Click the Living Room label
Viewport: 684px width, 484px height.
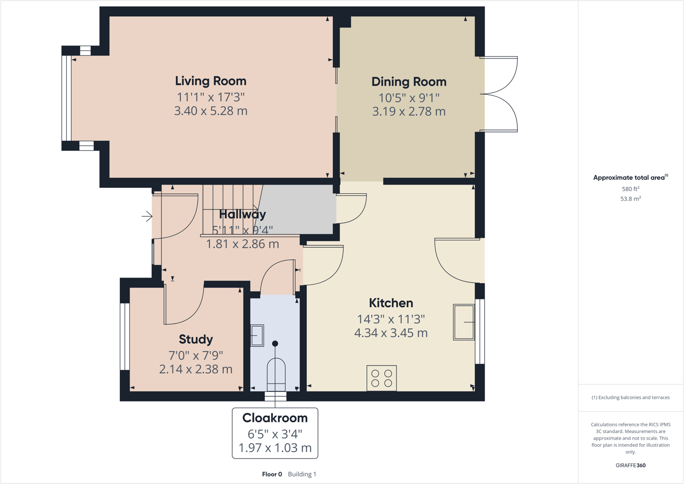(211, 81)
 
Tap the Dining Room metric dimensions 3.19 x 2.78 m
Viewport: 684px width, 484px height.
(408, 111)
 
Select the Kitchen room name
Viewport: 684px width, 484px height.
(391, 303)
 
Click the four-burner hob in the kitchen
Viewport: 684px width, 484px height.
(382, 378)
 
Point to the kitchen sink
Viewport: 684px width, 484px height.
(464, 322)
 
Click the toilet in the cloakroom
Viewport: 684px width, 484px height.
(276, 375)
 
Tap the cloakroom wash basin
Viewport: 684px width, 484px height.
(257, 336)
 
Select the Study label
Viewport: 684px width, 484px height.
(196, 339)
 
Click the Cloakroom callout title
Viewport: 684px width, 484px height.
(275, 418)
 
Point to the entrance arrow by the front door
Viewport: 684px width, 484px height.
(147, 216)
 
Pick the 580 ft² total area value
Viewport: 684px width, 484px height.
(630, 189)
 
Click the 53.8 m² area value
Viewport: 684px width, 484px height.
(630, 199)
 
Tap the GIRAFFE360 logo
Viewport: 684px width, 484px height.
(630, 465)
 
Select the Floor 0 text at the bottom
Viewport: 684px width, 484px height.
(272, 474)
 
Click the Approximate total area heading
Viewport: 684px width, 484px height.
(630, 177)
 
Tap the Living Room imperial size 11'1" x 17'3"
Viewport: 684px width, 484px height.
(211, 96)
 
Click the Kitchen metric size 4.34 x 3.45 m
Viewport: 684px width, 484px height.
(391, 333)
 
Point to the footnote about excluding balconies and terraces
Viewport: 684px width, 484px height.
(630, 397)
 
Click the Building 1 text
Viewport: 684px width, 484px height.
(302, 474)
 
